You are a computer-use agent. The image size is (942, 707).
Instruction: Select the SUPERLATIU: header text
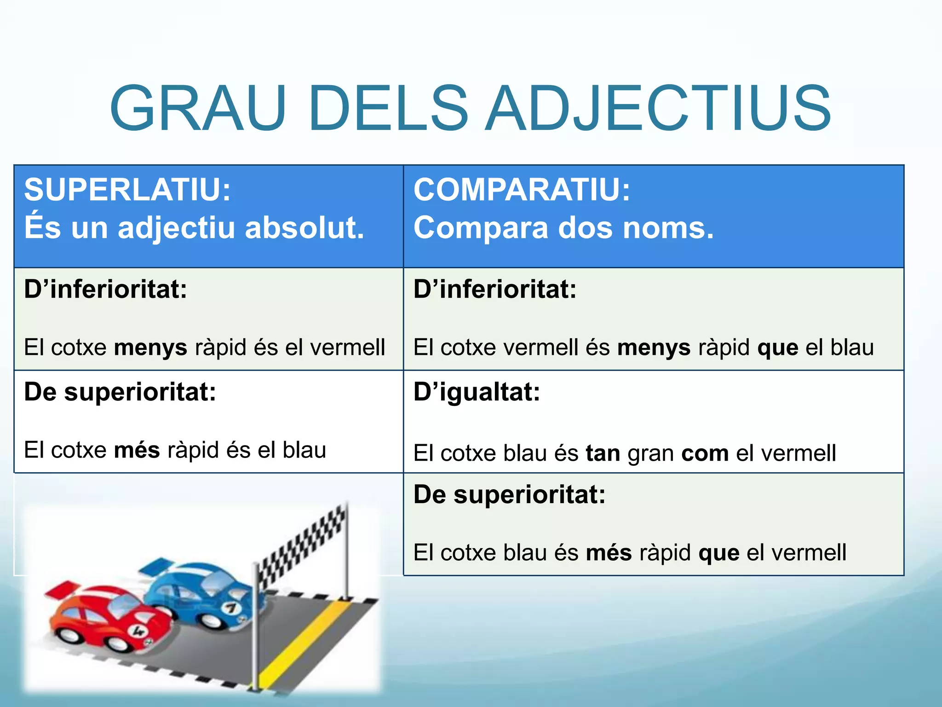(x=127, y=190)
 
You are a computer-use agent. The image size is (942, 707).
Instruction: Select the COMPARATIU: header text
(x=522, y=190)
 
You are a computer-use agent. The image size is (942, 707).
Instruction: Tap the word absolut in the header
(x=304, y=227)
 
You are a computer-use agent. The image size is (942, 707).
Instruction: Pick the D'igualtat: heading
(x=477, y=392)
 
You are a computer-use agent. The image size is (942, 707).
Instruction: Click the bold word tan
(x=603, y=453)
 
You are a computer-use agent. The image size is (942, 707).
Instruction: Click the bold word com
(x=705, y=453)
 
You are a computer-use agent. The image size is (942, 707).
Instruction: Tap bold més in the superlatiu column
(x=137, y=450)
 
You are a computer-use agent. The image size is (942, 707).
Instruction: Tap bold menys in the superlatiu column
(x=150, y=348)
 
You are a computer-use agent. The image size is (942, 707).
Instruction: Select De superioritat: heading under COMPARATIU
(x=509, y=495)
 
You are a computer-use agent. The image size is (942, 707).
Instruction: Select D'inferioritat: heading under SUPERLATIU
(x=105, y=290)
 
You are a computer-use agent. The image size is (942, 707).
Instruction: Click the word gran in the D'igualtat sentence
(x=650, y=454)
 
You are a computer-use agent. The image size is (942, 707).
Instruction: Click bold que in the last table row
(x=718, y=552)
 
